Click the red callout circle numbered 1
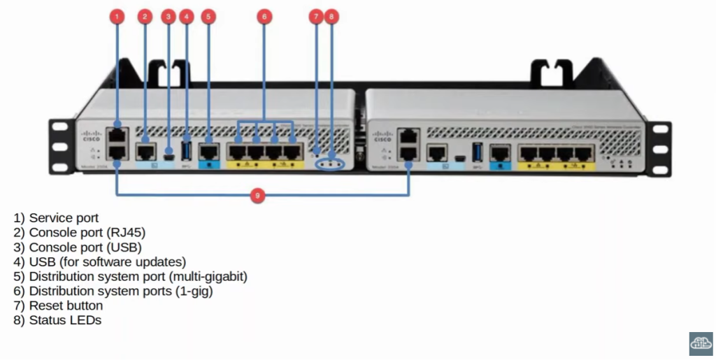[x=117, y=15]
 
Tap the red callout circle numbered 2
[x=145, y=15]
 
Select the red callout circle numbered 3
[x=168, y=15]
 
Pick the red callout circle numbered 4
[x=186, y=15]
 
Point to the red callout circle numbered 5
[x=208, y=15]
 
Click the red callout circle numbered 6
[x=264, y=15]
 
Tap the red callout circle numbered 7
[x=316, y=15]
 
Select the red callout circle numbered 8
[x=331, y=15]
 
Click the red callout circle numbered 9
[x=257, y=196]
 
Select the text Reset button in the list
[x=66, y=305]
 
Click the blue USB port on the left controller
[x=187, y=150]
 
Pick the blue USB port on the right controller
[x=478, y=151]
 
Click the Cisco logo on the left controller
[x=92, y=136]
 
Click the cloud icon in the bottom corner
[x=701, y=342]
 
